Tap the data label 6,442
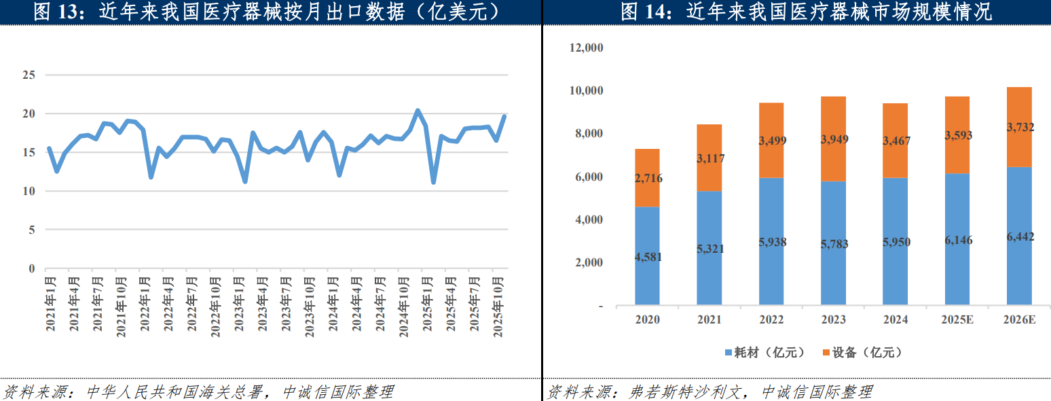(x=1019, y=236)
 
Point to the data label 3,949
(x=834, y=139)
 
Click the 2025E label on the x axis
(x=957, y=319)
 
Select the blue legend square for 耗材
(x=729, y=353)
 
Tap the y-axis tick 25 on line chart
(x=29, y=75)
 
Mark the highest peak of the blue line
(x=418, y=110)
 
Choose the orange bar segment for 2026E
(x=1019, y=127)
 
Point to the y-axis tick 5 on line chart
(x=31, y=230)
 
